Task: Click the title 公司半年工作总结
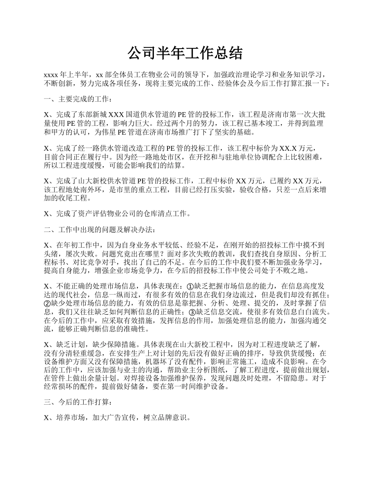185,53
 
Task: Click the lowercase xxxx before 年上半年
51,74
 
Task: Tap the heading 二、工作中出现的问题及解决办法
99,229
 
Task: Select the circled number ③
192,312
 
